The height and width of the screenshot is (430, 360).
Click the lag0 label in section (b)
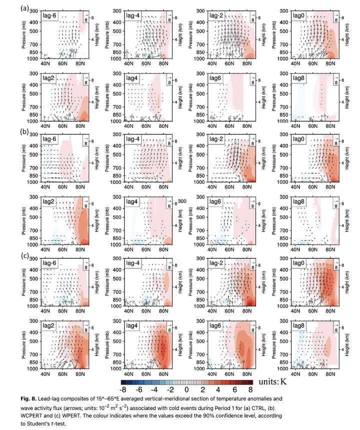[299, 139]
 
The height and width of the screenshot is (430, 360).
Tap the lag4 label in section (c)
[132, 325]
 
